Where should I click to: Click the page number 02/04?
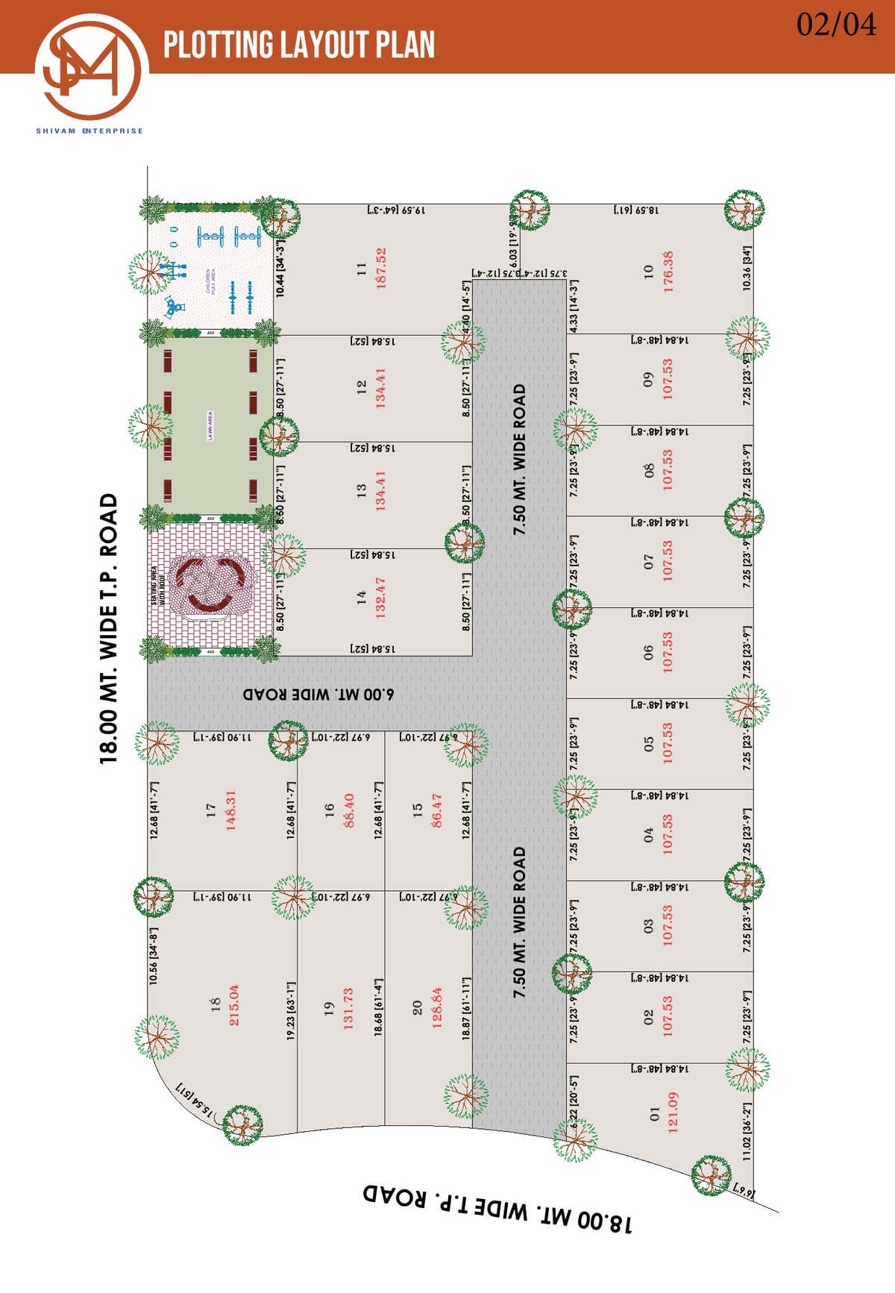tap(836, 25)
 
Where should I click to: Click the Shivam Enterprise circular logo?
tap(91, 68)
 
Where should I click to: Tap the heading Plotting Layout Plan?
tap(299, 45)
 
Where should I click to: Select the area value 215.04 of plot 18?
tap(234, 1005)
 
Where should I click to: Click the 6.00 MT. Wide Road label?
tap(318, 694)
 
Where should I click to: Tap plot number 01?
tap(655, 1113)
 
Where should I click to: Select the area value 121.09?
tap(673, 1113)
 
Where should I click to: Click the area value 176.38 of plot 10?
tap(669, 271)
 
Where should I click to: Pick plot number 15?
tap(418, 808)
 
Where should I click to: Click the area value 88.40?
tap(348, 811)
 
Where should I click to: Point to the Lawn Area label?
tap(210, 426)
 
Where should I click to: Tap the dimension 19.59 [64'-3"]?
tap(396, 211)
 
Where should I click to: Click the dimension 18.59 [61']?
tap(636, 211)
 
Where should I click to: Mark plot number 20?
tap(418, 1008)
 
